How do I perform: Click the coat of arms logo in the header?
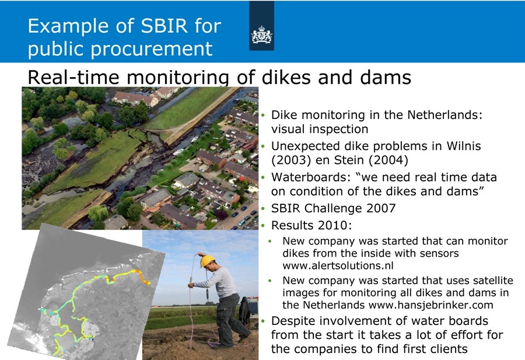coord(261,34)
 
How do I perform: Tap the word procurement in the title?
coord(151,49)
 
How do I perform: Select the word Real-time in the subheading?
coord(73,77)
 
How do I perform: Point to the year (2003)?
coord(291,160)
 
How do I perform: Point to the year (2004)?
coord(388,160)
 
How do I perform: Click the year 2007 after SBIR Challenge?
coord(381,208)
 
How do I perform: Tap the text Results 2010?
coord(311,225)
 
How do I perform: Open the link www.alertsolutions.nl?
coord(338,265)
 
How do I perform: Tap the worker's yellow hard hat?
coord(207,261)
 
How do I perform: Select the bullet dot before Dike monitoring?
coord(263,116)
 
